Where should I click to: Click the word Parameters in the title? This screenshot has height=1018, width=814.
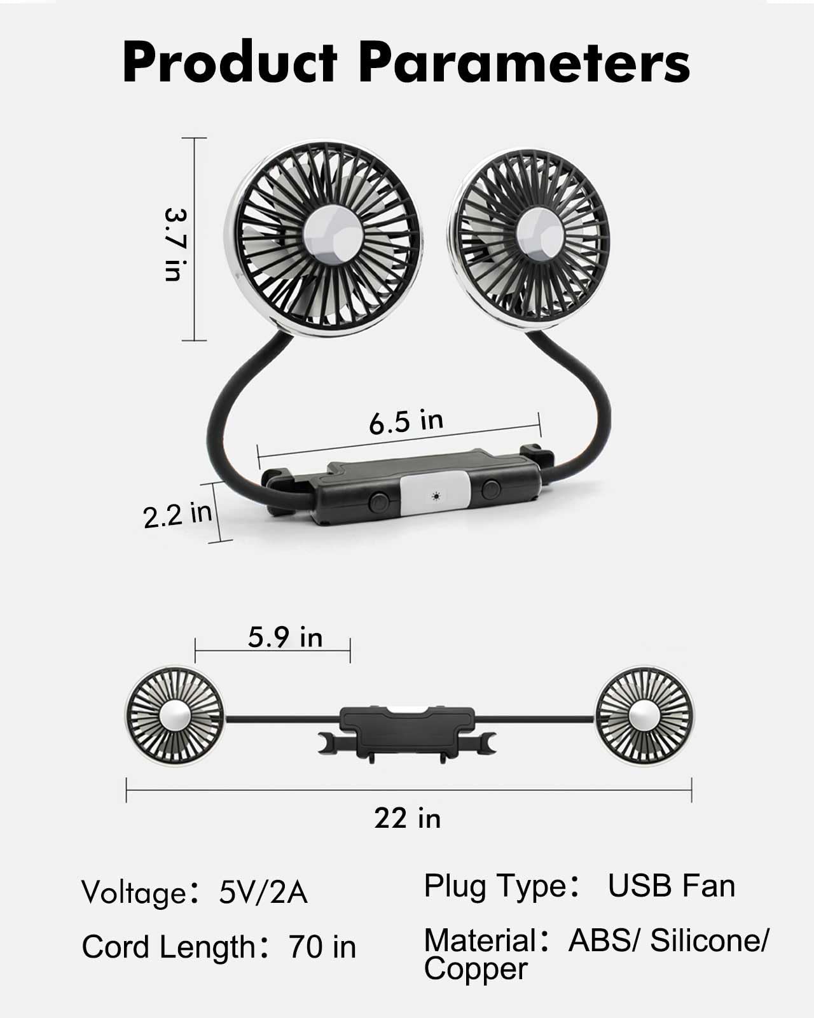525,62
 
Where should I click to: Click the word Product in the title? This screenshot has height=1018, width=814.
230,62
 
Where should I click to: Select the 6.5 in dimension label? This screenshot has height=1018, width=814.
406,421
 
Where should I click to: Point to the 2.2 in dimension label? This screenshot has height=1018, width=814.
177,515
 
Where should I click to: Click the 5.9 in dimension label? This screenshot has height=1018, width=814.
285,637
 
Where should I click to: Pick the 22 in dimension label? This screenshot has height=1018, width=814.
407,818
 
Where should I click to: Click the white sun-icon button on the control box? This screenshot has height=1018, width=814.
435,495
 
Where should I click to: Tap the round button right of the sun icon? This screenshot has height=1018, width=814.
490,489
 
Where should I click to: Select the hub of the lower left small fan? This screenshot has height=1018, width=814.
175,716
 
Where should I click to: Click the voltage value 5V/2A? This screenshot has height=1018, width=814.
263,892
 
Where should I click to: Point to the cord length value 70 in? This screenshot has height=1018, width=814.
322,947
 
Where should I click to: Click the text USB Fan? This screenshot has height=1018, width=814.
672,886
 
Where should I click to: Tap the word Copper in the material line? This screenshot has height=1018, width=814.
476,970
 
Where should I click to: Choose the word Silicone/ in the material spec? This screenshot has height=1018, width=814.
709,940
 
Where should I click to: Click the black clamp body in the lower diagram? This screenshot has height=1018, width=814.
407,721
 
